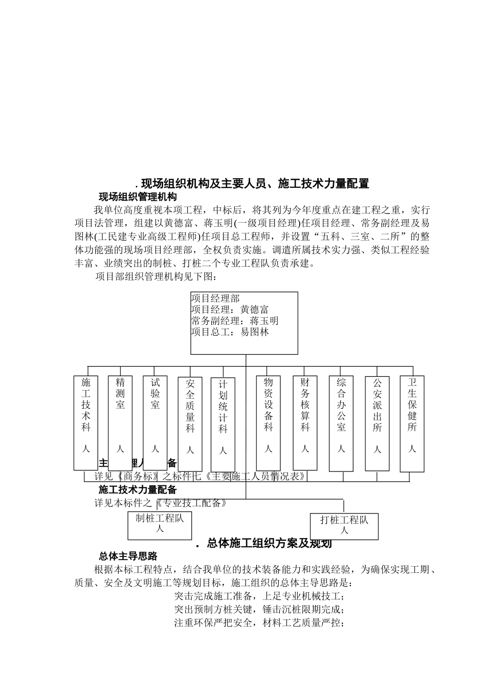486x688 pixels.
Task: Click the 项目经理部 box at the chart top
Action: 244,323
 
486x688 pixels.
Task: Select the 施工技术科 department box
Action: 85,423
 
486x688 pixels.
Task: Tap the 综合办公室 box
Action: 341,423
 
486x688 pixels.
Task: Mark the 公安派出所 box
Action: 377,423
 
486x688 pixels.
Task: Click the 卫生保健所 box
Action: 412,423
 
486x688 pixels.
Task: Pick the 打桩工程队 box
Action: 344,526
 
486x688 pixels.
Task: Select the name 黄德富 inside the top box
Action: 254,310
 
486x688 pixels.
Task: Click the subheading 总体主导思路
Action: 128,556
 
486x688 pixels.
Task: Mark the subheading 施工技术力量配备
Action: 138,489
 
